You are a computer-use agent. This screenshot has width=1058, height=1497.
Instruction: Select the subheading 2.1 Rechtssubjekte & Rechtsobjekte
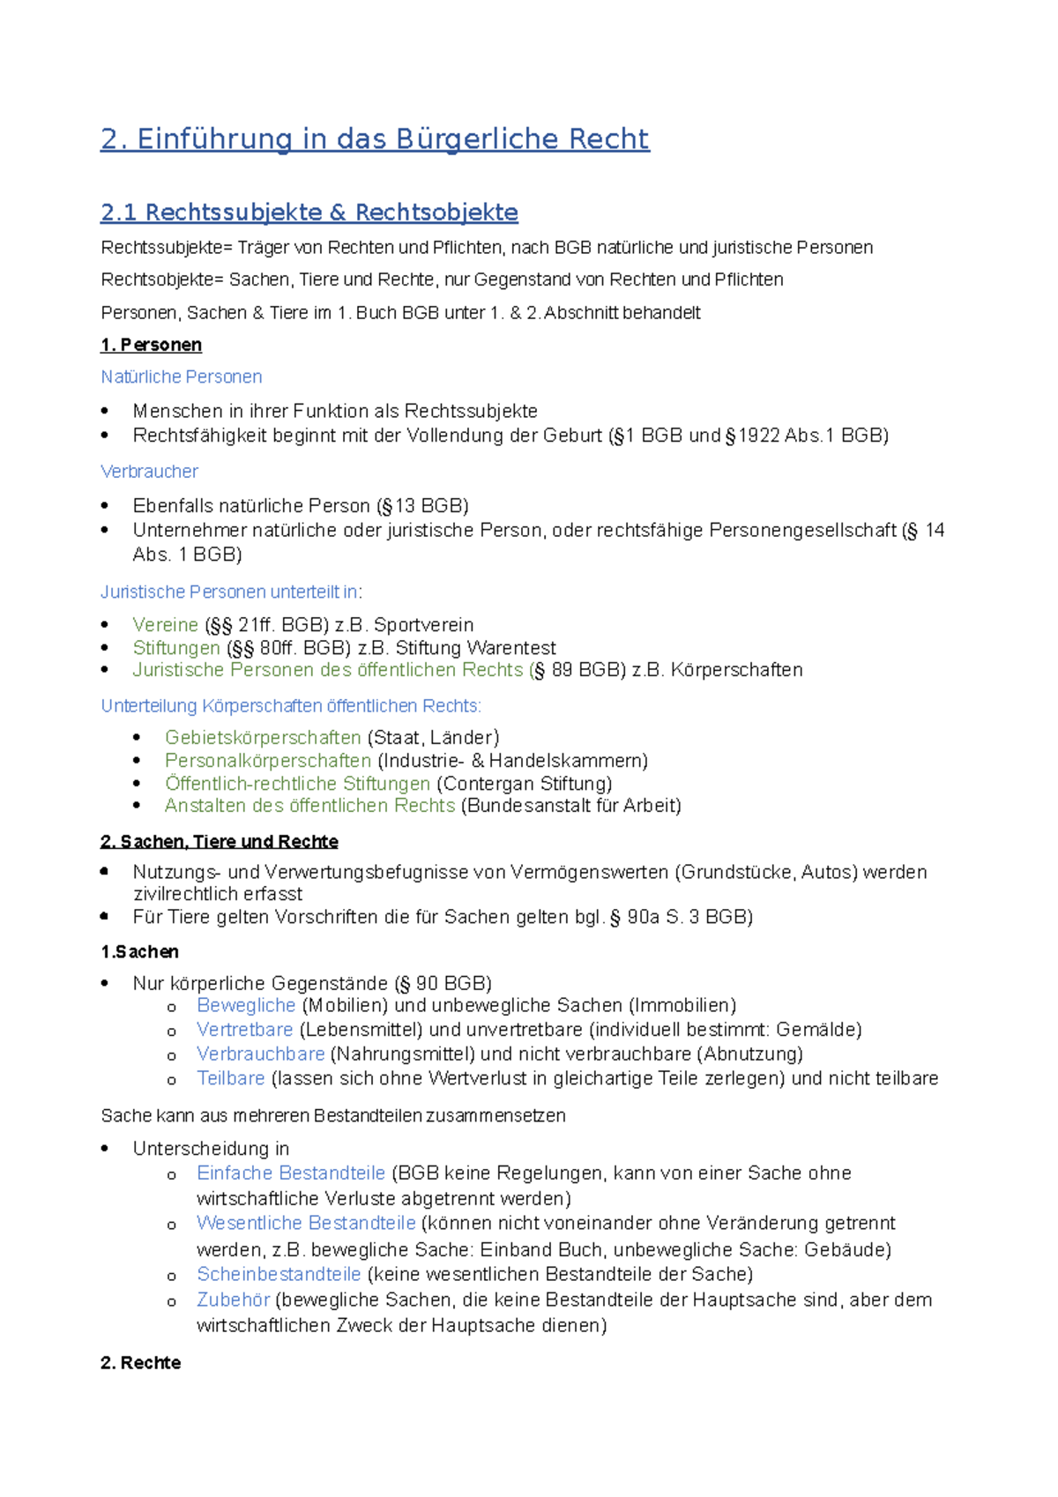309,212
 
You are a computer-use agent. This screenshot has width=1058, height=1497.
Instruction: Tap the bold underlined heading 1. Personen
152,345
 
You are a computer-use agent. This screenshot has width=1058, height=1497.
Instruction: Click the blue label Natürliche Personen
182,377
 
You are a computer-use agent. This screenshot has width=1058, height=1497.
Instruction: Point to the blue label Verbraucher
150,472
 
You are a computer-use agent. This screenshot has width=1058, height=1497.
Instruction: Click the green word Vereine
166,625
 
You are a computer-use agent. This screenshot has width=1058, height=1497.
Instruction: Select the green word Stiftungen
176,648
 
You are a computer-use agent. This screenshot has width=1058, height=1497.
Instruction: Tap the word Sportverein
424,625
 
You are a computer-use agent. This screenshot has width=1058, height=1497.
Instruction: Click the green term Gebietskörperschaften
263,738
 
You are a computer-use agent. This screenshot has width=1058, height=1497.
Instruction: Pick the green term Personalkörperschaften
268,761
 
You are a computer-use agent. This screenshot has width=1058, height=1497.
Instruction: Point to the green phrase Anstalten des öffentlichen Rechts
309,806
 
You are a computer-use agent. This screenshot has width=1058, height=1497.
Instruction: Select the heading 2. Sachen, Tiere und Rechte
220,842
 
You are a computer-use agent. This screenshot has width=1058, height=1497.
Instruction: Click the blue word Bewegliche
246,1006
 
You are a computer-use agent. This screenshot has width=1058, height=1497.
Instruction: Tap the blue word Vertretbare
245,1030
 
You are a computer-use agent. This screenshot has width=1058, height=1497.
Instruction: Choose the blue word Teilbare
231,1078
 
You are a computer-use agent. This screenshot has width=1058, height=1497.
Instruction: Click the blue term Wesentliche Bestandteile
306,1224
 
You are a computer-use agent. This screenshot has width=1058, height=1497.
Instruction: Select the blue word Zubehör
234,1300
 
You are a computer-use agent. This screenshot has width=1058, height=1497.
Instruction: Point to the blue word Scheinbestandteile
279,1275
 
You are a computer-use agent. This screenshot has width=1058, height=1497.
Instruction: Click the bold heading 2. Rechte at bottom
141,1363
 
